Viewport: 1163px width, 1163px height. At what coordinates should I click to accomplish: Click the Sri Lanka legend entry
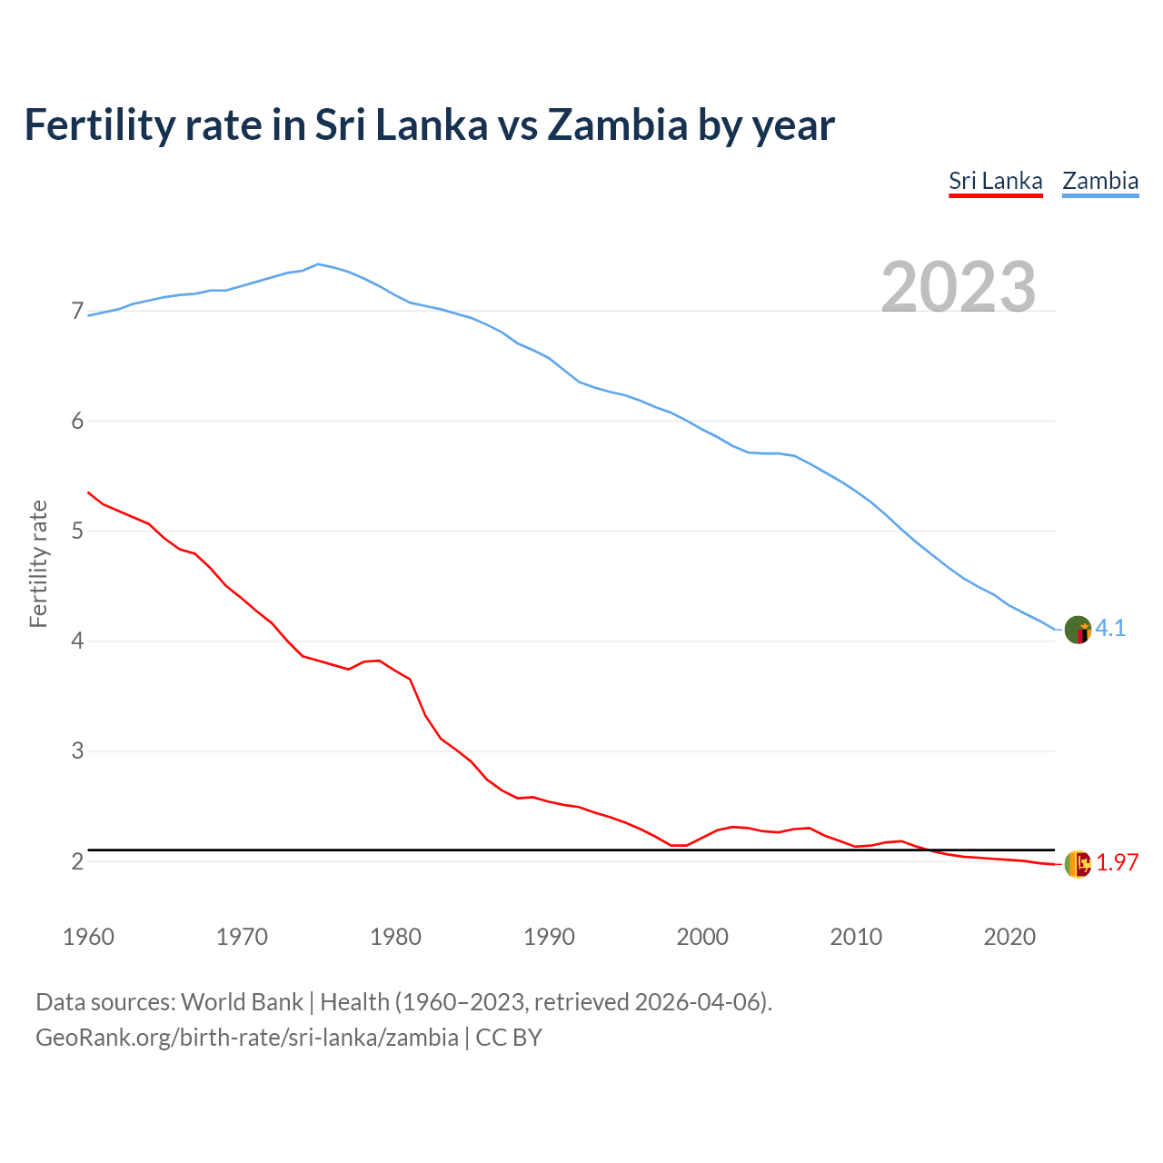click(x=995, y=181)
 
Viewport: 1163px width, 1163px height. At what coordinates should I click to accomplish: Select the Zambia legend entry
click(x=1100, y=181)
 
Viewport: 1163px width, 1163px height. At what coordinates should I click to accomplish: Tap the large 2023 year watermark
click(x=959, y=287)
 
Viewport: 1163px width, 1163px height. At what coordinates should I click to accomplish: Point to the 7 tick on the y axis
click(x=77, y=312)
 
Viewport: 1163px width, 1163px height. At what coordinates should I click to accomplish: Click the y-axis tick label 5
click(x=77, y=531)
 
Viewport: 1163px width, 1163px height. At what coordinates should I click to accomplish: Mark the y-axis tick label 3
click(x=77, y=751)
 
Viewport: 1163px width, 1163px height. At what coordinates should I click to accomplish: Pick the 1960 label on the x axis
click(x=88, y=937)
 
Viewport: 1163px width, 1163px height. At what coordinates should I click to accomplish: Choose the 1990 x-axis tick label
click(x=549, y=937)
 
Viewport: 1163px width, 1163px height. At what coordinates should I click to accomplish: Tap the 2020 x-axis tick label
click(x=1009, y=937)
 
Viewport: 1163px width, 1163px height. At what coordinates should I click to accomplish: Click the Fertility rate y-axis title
click(x=38, y=563)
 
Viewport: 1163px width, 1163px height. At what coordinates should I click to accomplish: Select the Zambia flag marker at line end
click(x=1078, y=630)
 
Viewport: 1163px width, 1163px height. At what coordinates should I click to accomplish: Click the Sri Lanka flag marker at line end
click(x=1078, y=864)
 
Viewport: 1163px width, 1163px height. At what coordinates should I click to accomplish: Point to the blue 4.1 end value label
click(x=1110, y=629)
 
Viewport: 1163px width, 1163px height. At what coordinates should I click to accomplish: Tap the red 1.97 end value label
click(x=1117, y=863)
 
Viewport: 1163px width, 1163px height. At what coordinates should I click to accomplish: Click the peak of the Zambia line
click(x=317, y=264)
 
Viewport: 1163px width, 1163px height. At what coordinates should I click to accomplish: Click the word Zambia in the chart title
click(x=617, y=125)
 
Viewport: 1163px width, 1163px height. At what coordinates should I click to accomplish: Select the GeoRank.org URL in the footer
click(x=246, y=1038)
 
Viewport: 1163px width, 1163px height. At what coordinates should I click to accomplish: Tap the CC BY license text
click(x=509, y=1038)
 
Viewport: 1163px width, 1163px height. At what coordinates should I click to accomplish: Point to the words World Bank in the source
click(x=242, y=1002)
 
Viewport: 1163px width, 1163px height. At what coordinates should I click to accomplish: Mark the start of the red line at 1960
click(x=88, y=492)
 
